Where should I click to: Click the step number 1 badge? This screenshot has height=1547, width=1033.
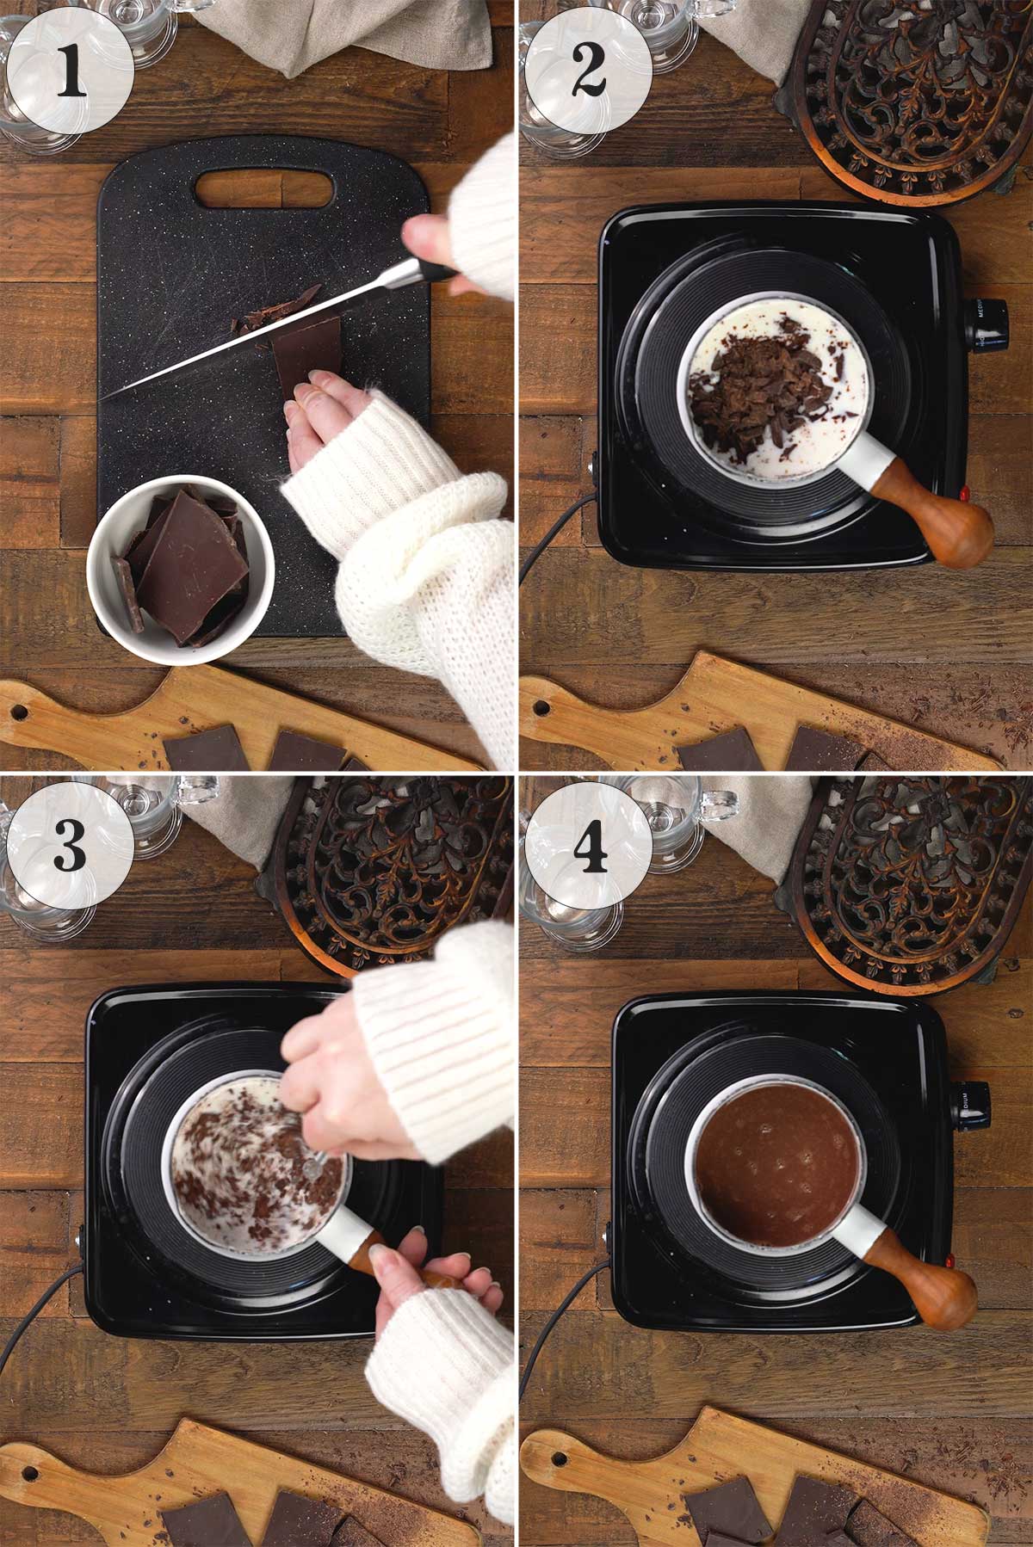(70, 71)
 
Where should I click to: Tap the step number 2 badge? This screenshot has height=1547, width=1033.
(588, 71)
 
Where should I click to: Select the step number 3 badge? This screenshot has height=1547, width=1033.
(70, 845)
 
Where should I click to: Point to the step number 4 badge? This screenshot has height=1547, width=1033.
(588, 845)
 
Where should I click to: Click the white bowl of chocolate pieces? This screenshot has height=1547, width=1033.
(181, 568)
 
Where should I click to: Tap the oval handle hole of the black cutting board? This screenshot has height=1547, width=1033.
(263, 188)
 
